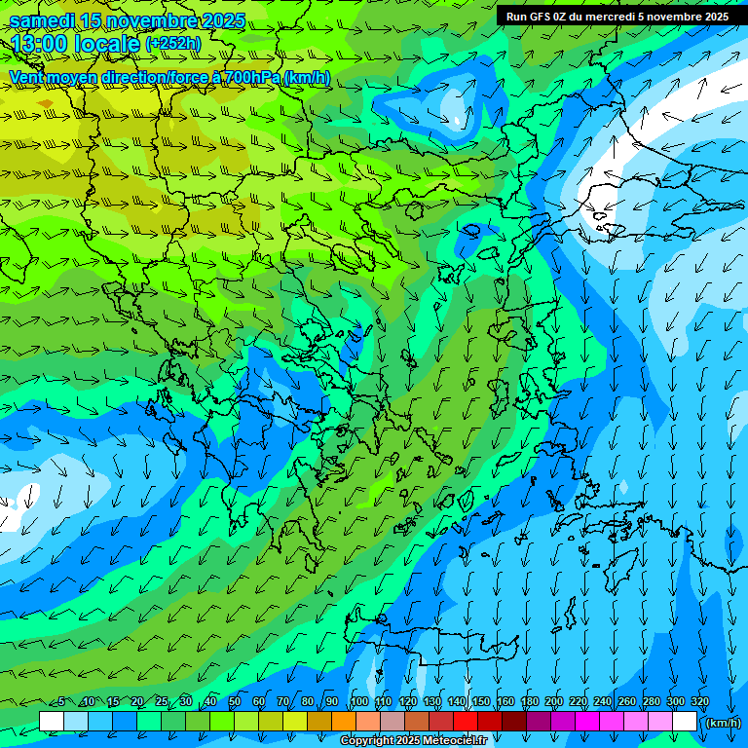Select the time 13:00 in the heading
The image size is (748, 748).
point(39,44)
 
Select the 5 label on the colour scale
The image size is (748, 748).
point(62,702)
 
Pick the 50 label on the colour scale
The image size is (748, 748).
point(235,702)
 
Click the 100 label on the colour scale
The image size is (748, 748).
point(358,702)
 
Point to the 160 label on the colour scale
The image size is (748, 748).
point(505,702)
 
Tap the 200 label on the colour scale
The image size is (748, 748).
point(554,702)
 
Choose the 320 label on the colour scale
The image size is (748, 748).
point(699,702)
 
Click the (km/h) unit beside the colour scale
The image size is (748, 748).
point(723,723)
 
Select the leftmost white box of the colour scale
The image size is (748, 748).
point(52,721)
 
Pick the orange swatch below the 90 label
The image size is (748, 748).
point(344,721)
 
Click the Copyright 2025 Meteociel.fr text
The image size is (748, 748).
point(413,741)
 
